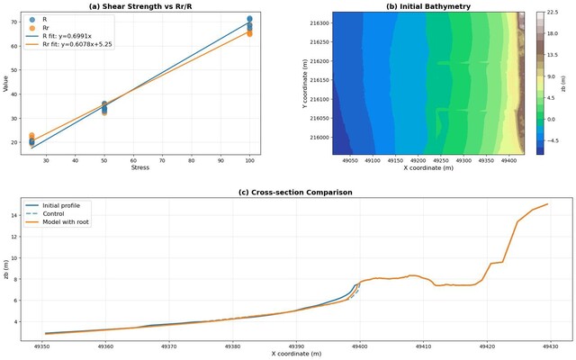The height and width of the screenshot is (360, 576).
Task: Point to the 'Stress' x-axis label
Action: tap(139, 167)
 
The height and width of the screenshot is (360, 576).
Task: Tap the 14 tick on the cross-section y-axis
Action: tap(15, 215)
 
